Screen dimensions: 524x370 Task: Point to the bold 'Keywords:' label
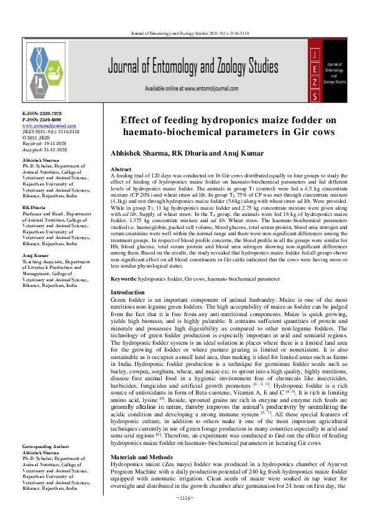point(124,280)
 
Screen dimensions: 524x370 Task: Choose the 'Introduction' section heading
point(127,292)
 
